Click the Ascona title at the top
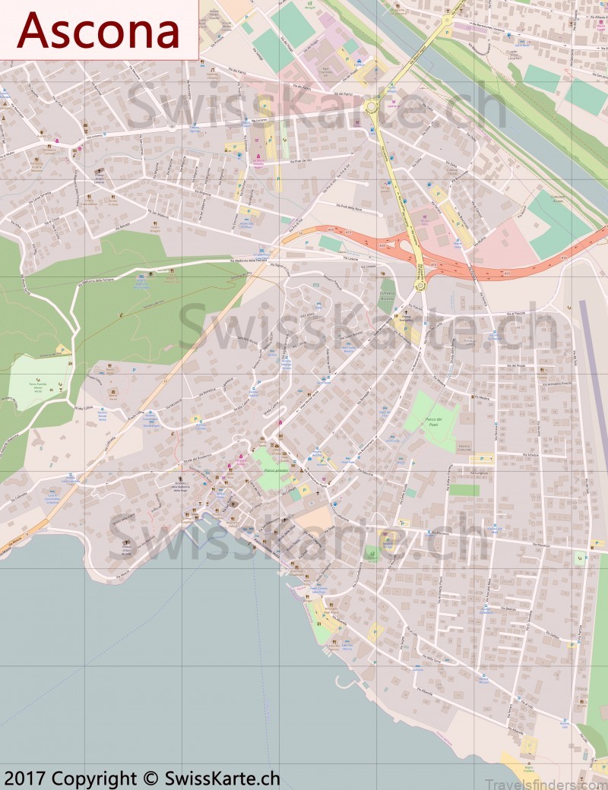(98, 30)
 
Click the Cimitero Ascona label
(388, 297)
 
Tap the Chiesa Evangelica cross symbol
(406, 312)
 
